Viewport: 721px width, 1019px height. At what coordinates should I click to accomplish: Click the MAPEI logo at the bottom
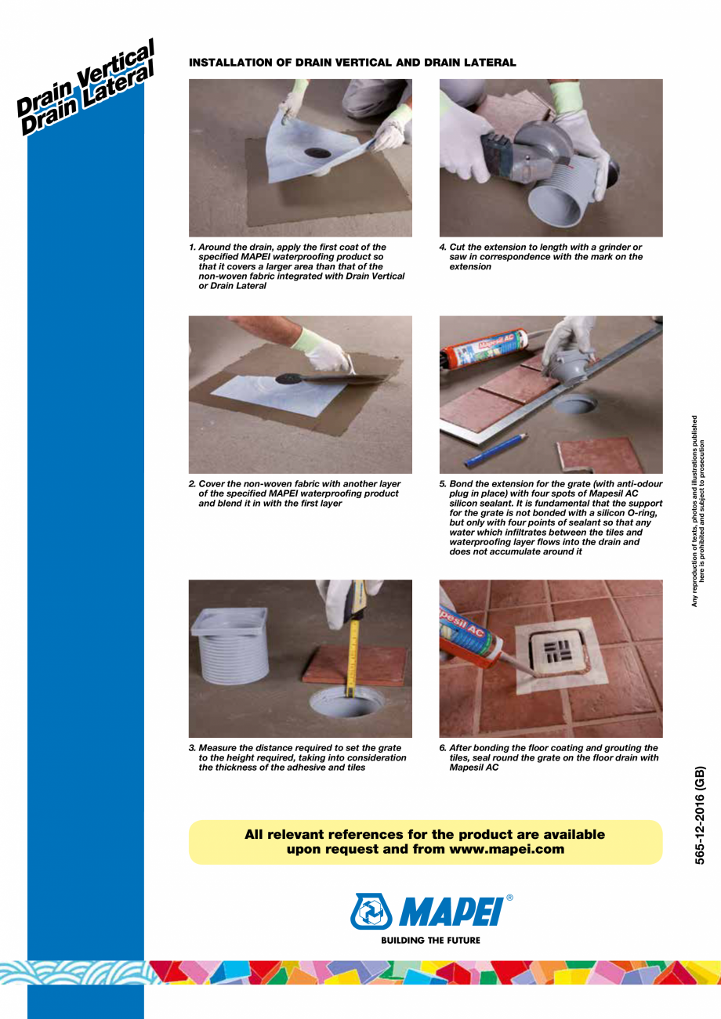pyautogui.click(x=430, y=912)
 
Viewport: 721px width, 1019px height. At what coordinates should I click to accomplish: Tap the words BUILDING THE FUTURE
pyautogui.click(x=430, y=940)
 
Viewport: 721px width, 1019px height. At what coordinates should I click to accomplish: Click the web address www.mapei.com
pyautogui.click(x=507, y=849)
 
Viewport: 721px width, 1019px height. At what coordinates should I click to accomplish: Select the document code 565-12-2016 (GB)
pyautogui.click(x=701, y=815)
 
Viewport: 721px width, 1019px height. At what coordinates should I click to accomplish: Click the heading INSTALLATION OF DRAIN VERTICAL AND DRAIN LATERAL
pyautogui.click(x=352, y=63)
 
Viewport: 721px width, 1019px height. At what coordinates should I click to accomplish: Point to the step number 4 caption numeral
pyautogui.click(x=442, y=248)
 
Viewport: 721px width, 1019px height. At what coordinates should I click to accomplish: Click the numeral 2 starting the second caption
pyautogui.click(x=192, y=484)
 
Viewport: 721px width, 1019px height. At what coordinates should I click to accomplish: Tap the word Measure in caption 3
pyautogui.click(x=219, y=748)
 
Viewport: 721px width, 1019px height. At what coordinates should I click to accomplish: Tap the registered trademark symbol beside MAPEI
pyautogui.click(x=510, y=898)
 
